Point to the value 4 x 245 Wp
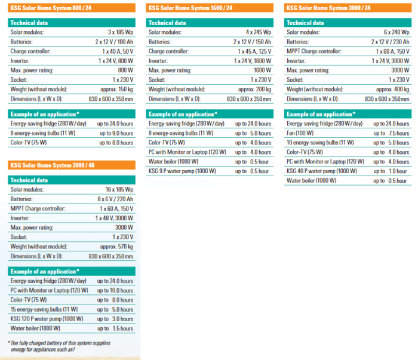(x=257, y=32)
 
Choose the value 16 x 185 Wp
(x=119, y=189)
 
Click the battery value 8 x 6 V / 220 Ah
(x=117, y=199)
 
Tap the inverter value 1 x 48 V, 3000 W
(x=114, y=218)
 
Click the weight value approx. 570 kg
(x=116, y=247)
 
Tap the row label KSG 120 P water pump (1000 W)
(x=45, y=319)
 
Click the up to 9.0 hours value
(x=116, y=133)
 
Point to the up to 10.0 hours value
(x=115, y=290)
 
